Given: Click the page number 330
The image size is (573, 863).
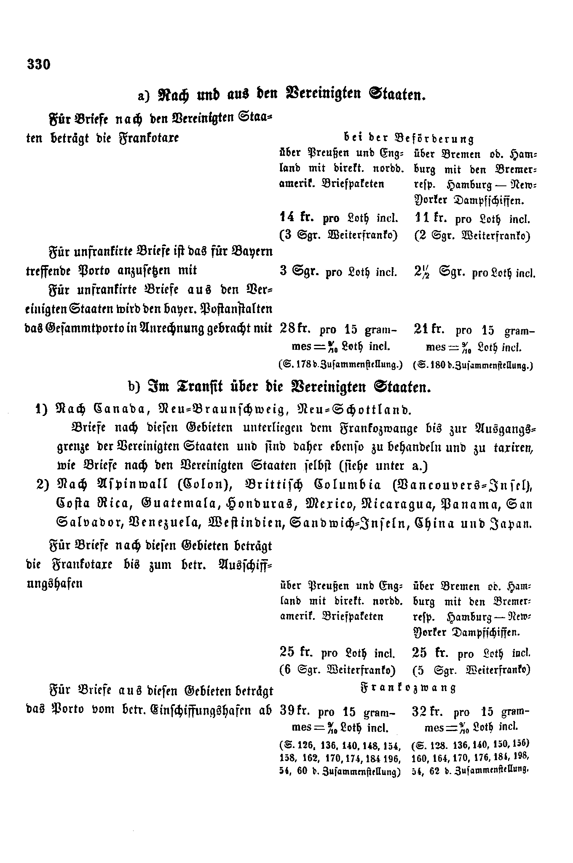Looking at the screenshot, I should point(38,64).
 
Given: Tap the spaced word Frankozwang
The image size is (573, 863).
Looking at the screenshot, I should point(408,688).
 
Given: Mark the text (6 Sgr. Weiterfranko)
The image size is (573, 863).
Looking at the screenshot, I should point(337,670).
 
